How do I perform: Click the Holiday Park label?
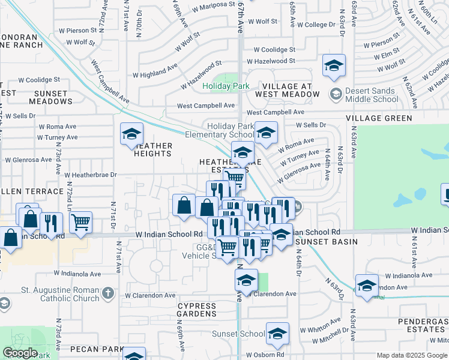[x=226, y=86]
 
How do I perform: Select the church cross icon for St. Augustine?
[x=107, y=293]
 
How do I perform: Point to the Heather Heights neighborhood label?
[x=153, y=149]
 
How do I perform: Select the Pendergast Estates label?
[x=423, y=326]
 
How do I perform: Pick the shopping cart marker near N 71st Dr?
[x=80, y=222]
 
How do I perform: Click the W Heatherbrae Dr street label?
[x=90, y=175]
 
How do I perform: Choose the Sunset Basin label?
[x=326, y=242]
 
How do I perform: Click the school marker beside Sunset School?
[x=277, y=334]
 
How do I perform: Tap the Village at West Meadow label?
[x=287, y=89]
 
